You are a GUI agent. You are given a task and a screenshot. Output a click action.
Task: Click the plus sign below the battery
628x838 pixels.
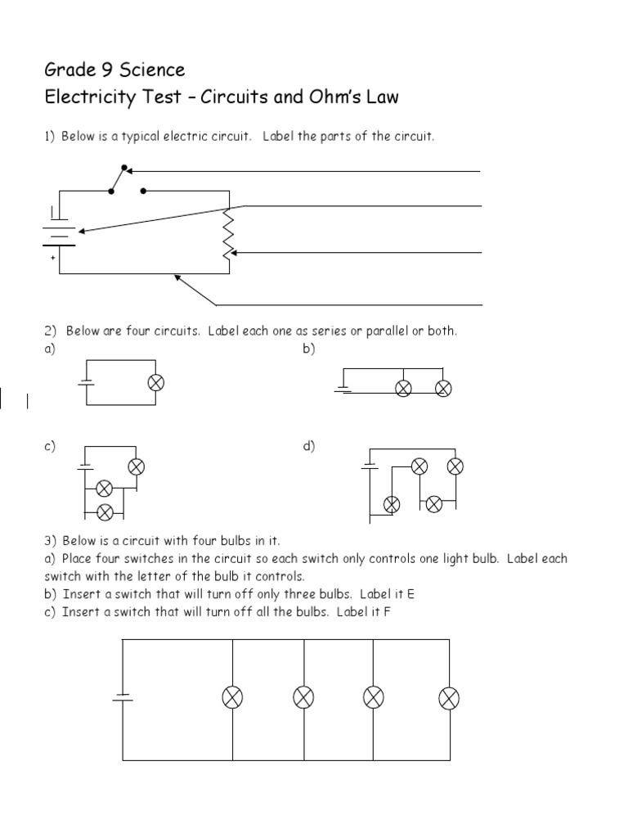point(53,258)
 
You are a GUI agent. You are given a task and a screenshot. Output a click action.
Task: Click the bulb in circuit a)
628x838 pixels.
point(156,382)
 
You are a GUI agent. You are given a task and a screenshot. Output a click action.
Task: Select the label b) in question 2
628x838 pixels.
point(309,349)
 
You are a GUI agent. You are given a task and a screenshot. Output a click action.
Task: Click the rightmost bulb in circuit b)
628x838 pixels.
point(443,388)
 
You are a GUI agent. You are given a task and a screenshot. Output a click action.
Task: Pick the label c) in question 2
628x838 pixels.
point(50,446)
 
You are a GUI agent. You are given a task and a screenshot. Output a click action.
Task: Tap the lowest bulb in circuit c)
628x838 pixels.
point(104,512)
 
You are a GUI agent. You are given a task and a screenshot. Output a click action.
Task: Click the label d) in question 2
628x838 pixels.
point(309,446)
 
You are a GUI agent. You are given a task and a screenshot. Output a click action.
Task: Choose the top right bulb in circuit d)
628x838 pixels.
point(455,466)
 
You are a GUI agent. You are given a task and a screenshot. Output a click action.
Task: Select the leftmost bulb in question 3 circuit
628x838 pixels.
point(233,697)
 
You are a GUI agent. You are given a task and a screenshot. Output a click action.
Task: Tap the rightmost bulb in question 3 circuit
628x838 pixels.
point(449,697)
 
